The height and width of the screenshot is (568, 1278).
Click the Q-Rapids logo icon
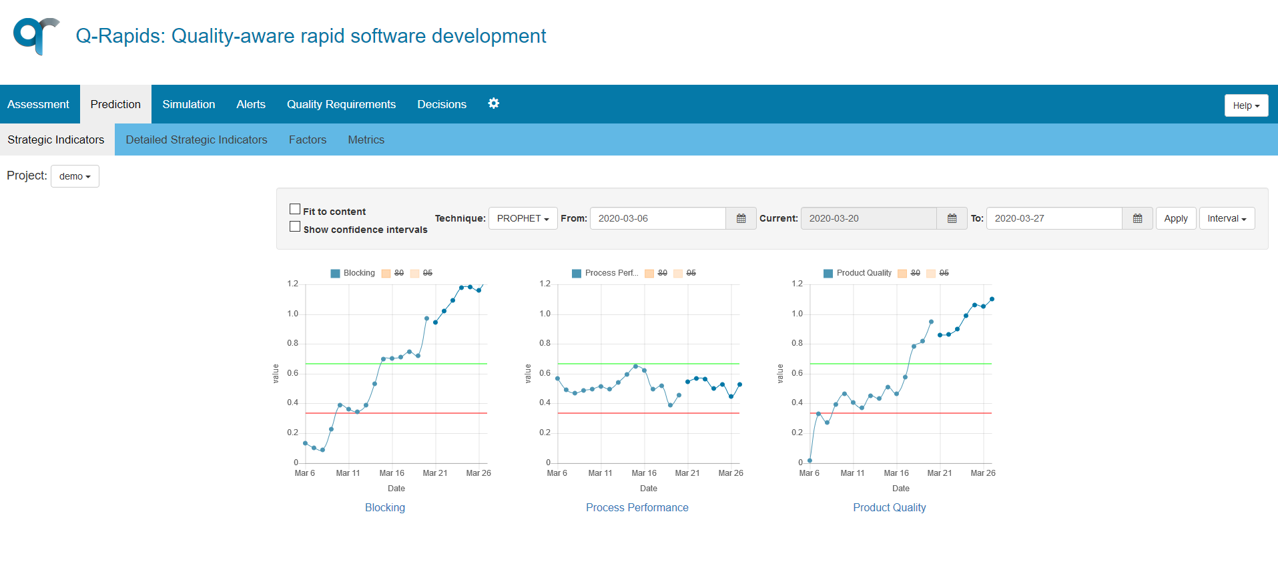pyautogui.click(x=36, y=35)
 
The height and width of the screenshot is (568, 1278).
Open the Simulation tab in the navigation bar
pyautogui.click(x=188, y=104)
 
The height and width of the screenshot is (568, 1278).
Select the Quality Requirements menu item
pyautogui.click(x=341, y=104)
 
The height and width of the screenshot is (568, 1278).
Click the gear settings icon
pyautogui.click(x=493, y=103)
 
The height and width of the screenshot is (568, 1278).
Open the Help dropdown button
pyautogui.click(x=1245, y=105)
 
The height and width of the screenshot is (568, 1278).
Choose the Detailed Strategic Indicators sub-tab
pyautogui.click(x=196, y=139)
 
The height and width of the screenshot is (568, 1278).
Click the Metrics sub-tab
pyautogui.click(x=366, y=139)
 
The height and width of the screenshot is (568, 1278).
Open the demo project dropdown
pyautogui.click(x=75, y=176)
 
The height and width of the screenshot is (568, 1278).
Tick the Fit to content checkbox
pyautogui.click(x=295, y=210)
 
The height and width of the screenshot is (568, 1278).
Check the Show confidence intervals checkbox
pyautogui.click(x=295, y=227)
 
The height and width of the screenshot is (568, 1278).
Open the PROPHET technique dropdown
pyautogui.click(x=523, y=218)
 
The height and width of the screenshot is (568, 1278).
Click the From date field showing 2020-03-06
pyautogui.click(x=657, y=218)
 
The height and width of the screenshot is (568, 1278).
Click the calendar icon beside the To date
pyautogui.click(x=1137, y=218)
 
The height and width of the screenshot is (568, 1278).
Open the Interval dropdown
pyautogui.click(x=1226, y=218)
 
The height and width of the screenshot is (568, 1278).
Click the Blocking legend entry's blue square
pyautogui.click(x=335, y=273)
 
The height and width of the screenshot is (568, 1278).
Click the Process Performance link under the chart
pyautogui.click(x=637, y=507)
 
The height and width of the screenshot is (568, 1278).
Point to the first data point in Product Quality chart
pyautogui.click(x=810, y=461)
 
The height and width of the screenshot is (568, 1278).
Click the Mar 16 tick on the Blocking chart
pyautogui.click(x=392, y=473)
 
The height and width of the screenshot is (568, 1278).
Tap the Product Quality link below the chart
pyautogui.click(x=889, y=507)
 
